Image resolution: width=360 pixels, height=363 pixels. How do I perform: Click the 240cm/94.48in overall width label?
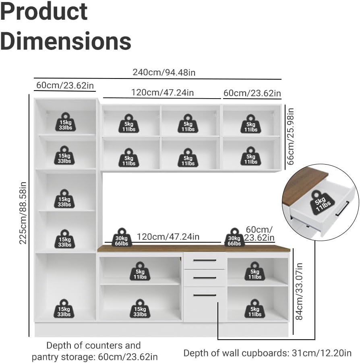tap(164, 72)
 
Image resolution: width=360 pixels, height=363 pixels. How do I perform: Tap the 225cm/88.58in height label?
tap(23, 213)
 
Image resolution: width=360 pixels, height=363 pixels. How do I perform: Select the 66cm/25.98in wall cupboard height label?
tap(290, 136)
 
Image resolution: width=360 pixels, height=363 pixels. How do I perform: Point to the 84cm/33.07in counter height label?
tap(299, 291)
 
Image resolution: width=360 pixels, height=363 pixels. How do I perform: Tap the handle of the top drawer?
tap(205, 260)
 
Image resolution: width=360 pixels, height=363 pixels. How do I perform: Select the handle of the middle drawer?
tap(205, 278)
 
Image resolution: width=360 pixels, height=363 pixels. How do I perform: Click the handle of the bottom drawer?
tap(205, 295)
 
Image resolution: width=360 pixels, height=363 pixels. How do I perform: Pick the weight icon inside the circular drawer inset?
tap(321, 202)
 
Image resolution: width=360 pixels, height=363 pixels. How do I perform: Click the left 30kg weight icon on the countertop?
tap(122, 237)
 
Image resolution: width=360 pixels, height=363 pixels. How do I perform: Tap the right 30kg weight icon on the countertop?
tap(234, 237)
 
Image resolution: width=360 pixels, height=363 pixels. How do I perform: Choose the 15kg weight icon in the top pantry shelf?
tap(66, 122)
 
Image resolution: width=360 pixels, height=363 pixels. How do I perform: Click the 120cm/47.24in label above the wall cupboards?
tap(162, 93)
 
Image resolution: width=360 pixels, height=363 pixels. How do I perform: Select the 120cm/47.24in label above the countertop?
tap(168, 237)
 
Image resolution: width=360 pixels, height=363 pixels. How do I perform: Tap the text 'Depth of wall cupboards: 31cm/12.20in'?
tap(267, 353)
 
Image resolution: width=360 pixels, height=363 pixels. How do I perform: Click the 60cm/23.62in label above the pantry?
tap(65, 85)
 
